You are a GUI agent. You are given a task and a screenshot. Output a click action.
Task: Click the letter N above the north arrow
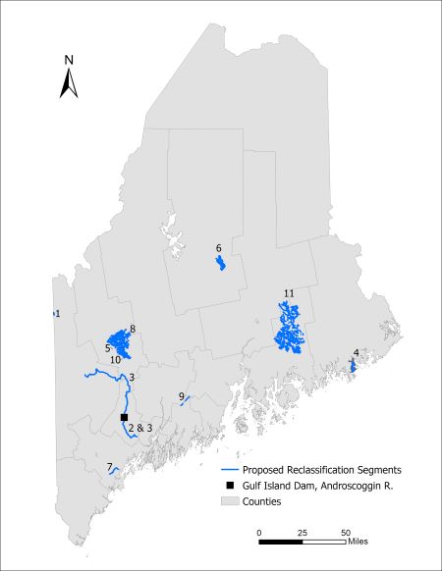(x=69, y=59)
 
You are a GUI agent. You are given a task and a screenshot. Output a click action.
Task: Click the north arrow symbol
(x=69, y=83)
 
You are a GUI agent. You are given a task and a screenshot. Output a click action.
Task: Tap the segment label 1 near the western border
(x=58, y=313)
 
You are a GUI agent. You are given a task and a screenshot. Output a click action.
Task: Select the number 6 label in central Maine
(x=218, y=248)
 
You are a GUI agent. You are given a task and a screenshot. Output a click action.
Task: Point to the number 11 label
(x=289, y=294)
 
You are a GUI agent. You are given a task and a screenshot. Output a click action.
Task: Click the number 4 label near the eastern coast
(x=356, y=351)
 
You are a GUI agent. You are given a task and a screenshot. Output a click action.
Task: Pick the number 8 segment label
(x=132, y=328)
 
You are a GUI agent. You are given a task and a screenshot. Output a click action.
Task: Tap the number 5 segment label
(x=107, y=347)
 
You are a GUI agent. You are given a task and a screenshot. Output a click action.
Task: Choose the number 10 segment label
(x=115, y=360)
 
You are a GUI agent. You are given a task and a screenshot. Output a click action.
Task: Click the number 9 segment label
(x=182, y=396)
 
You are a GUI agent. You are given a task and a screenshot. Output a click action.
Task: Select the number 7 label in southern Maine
(x=109, y=466)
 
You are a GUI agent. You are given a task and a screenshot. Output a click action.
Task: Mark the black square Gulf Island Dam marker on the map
(x=124, y=418)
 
